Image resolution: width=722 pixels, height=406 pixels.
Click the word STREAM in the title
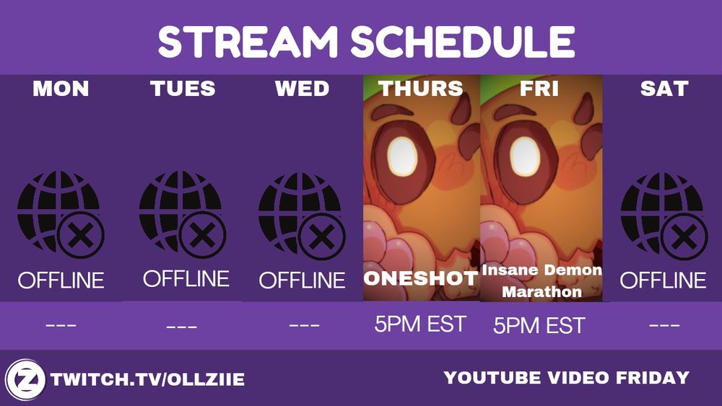coord(248,41)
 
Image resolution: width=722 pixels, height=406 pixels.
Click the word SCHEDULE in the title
coord(463,41)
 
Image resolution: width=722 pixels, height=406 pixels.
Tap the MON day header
coord(61,88)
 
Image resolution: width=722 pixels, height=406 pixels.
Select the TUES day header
coord(183,88)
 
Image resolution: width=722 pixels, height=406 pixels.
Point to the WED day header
coord(302,88)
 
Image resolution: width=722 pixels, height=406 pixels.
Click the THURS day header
coord(421,88)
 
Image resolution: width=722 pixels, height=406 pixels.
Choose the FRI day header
coord(539,88)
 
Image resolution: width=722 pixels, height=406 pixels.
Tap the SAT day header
coord(664,88)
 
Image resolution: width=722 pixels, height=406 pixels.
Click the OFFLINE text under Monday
coord(61,280)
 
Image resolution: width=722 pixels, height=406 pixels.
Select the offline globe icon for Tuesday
coord(183,214)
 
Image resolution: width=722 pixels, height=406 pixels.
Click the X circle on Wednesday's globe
coord(321,237)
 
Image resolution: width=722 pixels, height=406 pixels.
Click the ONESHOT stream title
coord(421,278)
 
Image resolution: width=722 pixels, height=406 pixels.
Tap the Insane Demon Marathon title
coord(542,281)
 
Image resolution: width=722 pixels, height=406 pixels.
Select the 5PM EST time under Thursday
coord(420,324)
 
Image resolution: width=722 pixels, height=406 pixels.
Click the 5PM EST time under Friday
coord(539,325)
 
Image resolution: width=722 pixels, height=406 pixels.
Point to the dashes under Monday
coord(61,325)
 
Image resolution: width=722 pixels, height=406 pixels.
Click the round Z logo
coord(25,380)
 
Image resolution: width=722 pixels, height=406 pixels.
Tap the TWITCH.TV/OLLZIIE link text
coord(148,379)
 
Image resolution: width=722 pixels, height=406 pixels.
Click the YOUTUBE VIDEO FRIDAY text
coord(567,377)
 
